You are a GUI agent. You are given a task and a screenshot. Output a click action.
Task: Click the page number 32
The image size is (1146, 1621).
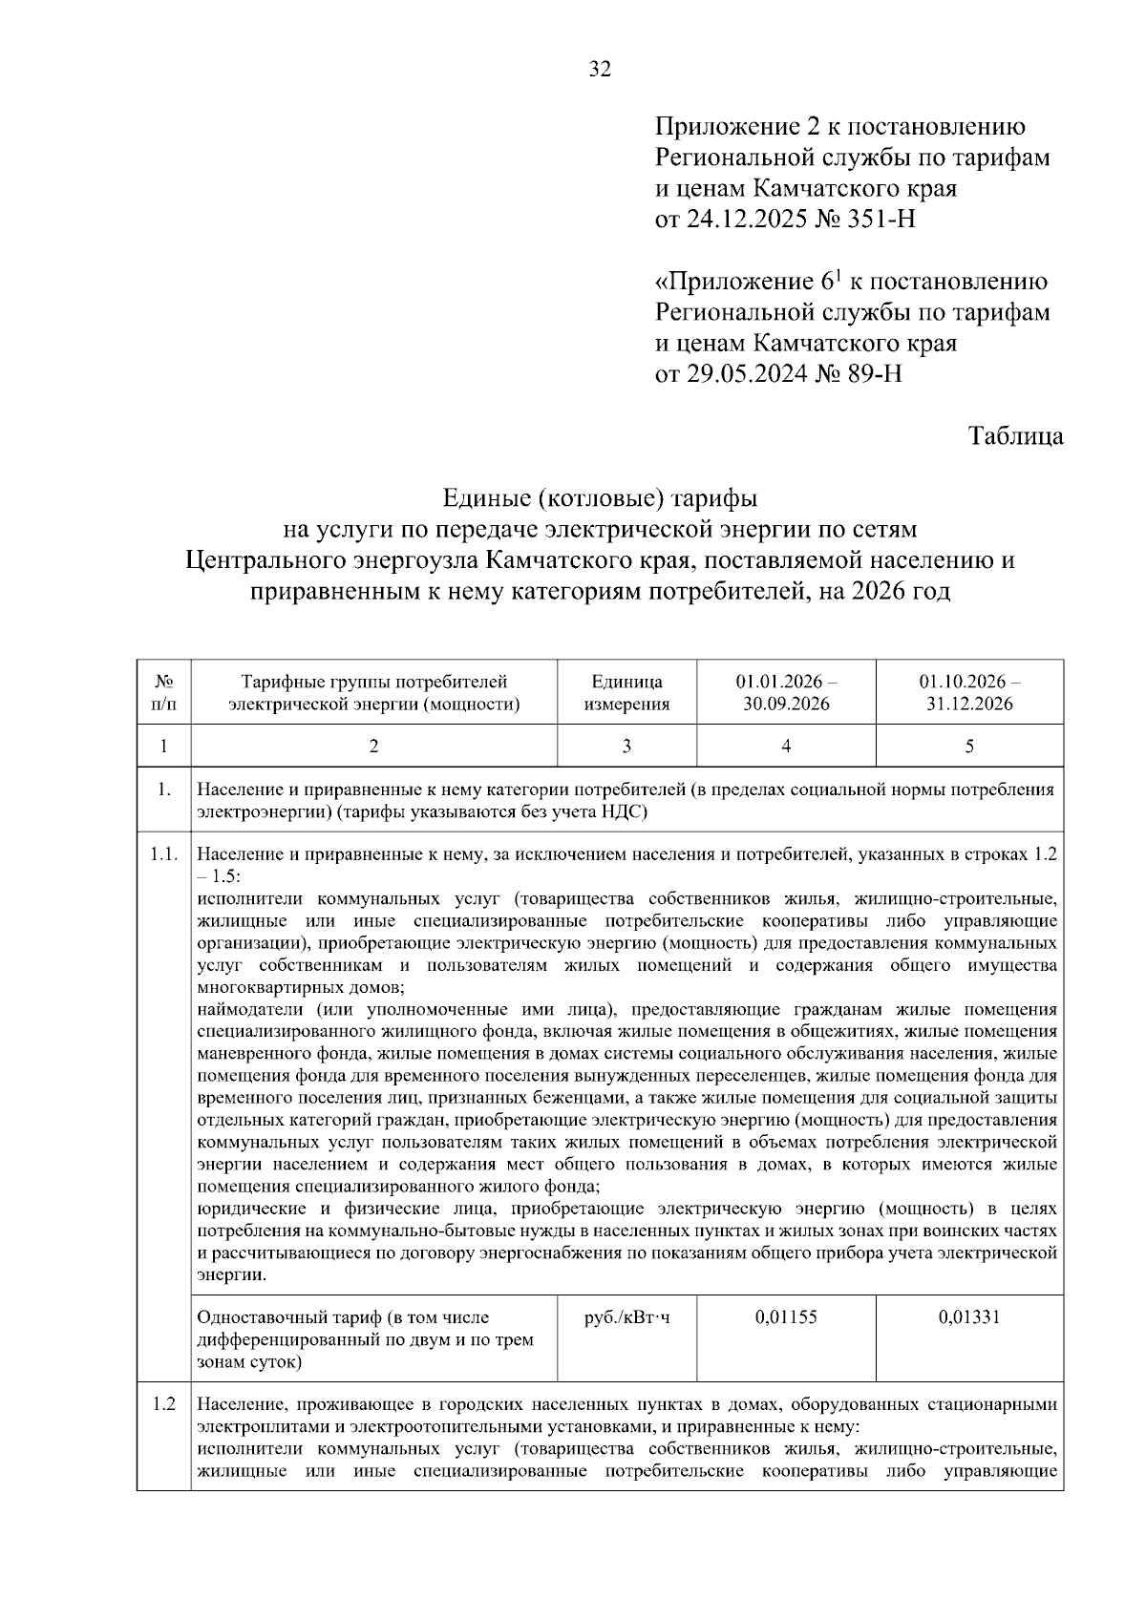(x=600, y=69)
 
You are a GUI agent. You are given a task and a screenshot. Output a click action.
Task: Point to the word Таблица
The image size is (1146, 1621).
(x=1015, y=436)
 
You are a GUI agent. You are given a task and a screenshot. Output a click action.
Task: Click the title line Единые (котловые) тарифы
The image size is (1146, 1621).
(x=600, y=498)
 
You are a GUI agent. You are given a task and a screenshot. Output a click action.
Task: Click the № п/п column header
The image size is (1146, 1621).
(x=163, y=693)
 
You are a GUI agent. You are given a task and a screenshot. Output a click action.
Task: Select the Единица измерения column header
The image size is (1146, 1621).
(x=626, y=693)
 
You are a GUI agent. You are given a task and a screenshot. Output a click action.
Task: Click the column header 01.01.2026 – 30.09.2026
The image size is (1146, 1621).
(x=786, y=693)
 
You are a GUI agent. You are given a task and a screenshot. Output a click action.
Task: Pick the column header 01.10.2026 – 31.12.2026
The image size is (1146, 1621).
(x=969, y=693)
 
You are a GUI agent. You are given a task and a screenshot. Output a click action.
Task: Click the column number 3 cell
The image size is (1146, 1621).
(x=626, y=747)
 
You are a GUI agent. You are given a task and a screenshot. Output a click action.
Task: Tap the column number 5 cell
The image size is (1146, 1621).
(x=969, y=747)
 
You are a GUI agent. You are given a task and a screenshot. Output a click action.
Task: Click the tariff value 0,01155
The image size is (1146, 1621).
(x=786, y=1317)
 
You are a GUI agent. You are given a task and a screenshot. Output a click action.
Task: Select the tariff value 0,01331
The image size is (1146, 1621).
(x=969, y=1317)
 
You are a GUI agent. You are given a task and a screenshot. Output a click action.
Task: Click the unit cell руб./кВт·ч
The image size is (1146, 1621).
(x=626, y=1317)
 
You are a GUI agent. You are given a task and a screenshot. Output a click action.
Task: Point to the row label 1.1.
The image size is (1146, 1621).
(x=163, y=854)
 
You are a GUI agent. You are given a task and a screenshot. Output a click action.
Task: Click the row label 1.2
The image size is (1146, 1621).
(x=163, y=1405)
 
